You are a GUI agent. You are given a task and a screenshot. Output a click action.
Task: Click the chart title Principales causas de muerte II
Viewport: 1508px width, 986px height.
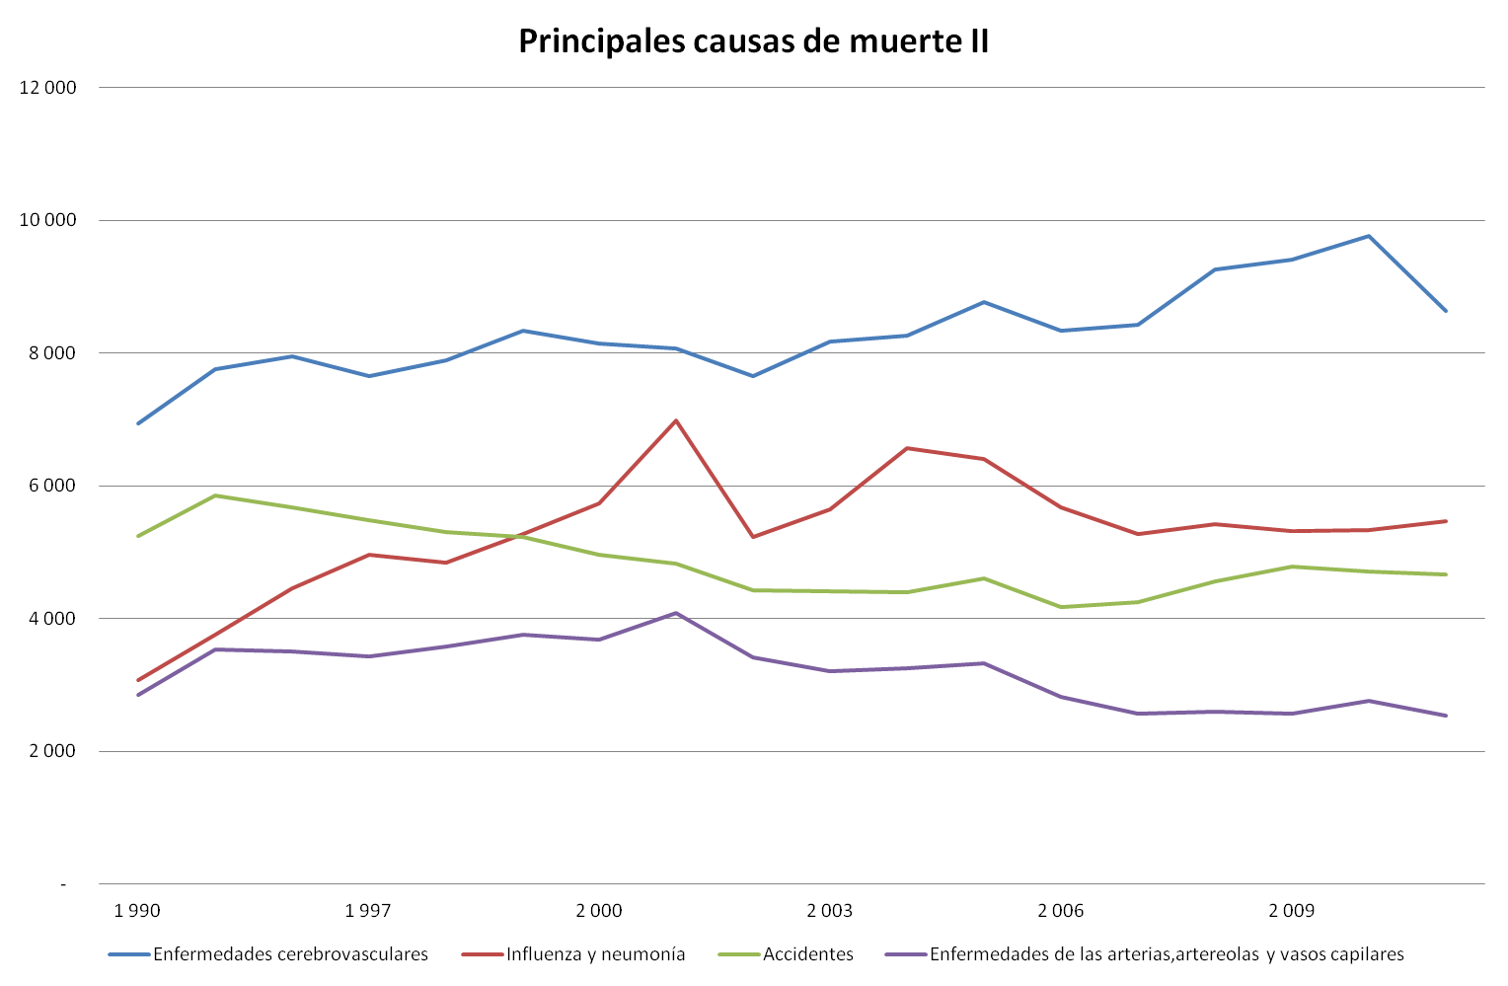753,41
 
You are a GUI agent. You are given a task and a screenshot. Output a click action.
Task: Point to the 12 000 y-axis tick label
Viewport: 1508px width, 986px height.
47,88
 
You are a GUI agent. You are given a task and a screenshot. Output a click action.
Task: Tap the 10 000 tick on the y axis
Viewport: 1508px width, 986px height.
47,220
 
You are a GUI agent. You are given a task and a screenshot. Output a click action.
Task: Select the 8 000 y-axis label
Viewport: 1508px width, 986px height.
52,353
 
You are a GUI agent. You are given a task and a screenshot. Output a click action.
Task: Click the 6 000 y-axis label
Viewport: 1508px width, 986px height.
52,486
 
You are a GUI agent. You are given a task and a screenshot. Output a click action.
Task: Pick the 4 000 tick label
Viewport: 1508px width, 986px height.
52,619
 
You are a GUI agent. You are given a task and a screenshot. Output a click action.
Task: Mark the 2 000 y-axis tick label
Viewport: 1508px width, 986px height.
52,751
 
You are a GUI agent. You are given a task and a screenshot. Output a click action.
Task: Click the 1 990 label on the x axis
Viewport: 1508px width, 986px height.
137,910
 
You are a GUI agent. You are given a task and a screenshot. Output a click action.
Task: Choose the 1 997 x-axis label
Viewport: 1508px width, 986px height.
368,910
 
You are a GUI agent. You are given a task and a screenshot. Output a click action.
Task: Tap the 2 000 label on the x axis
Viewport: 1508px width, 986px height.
599,910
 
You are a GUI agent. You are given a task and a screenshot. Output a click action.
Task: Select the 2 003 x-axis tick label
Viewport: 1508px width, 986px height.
830,910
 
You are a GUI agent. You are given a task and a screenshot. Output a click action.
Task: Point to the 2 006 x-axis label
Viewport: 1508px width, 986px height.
1061,910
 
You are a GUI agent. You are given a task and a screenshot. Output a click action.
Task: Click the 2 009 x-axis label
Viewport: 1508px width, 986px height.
1292,910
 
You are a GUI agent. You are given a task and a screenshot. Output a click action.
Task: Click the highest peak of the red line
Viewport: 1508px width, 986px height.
676,420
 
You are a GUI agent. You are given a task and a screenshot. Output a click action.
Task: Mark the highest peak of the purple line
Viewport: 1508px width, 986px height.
676,613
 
